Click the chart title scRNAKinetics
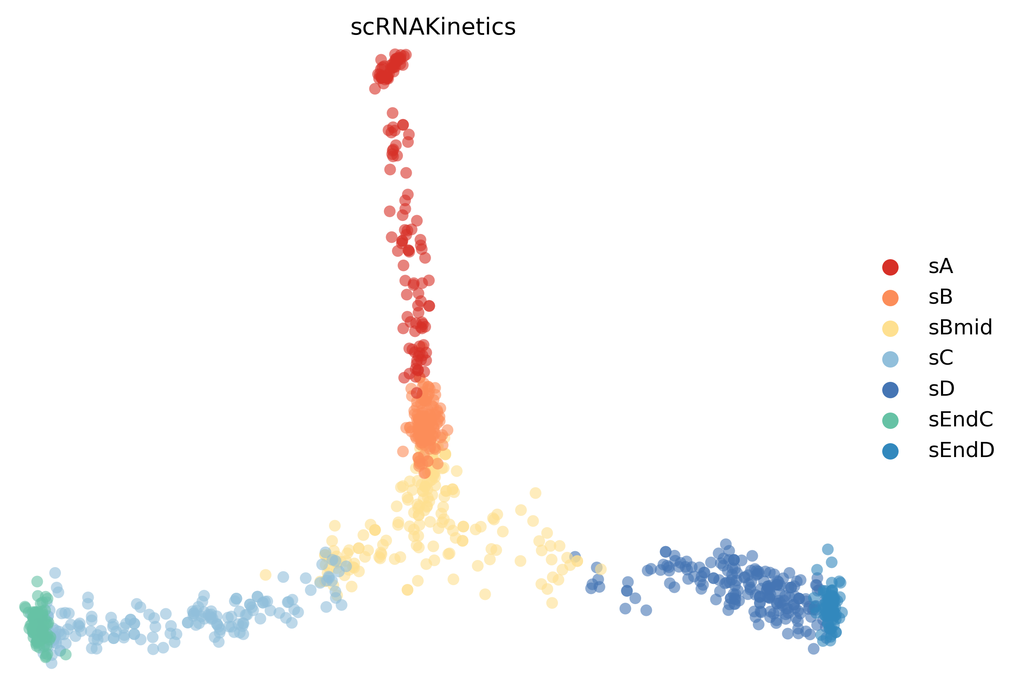(x=433, y=27)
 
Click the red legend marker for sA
(x=891, y=267)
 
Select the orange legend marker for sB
(x=891, y=297)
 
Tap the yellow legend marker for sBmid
(x=891, y=328)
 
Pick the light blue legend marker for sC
(x=891, y=359)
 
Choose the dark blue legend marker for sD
(x=891, y=389)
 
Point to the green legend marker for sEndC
(x=891, y=421)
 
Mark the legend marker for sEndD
(x=891, y=451)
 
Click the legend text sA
(x=941, y=266)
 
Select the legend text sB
(x=941, y=297)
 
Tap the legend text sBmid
(x=960, y=328)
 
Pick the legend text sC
(x=941, y=358)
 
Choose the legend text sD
(x=941, y=389)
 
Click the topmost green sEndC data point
(x=37, y=581)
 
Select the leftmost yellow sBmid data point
(x=266, y=575)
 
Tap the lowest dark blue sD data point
(x=814, y=649)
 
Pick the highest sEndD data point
(x=828, y=549)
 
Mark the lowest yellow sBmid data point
(x=552, y=603)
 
